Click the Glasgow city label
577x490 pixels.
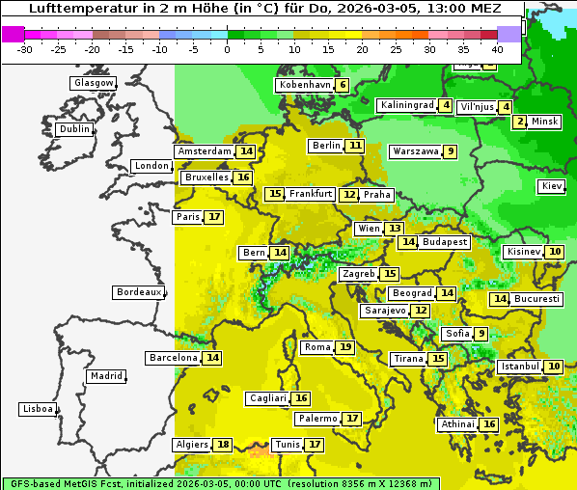pos(94,83)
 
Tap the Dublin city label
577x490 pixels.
pos(74,129)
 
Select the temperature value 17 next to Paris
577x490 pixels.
pos(214,217)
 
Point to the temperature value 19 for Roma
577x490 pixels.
pos(345,347)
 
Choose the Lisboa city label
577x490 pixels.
pos(38,409)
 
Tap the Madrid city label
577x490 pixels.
pos(105,376)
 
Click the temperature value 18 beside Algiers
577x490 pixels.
pos(224,445)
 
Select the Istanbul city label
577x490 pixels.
pos(520,367)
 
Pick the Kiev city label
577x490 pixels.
pos(552,186)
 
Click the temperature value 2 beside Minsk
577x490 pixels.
pos(520,122)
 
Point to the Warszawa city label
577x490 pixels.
pos(416,151)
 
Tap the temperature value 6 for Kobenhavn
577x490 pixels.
pos(343,85)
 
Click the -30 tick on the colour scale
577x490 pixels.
pos(25,49)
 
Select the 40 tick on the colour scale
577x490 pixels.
pos(497,49)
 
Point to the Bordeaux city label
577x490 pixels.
pos(139,292)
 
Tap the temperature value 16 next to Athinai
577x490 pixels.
pos(489,424)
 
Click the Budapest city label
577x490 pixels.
pos(445,242)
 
